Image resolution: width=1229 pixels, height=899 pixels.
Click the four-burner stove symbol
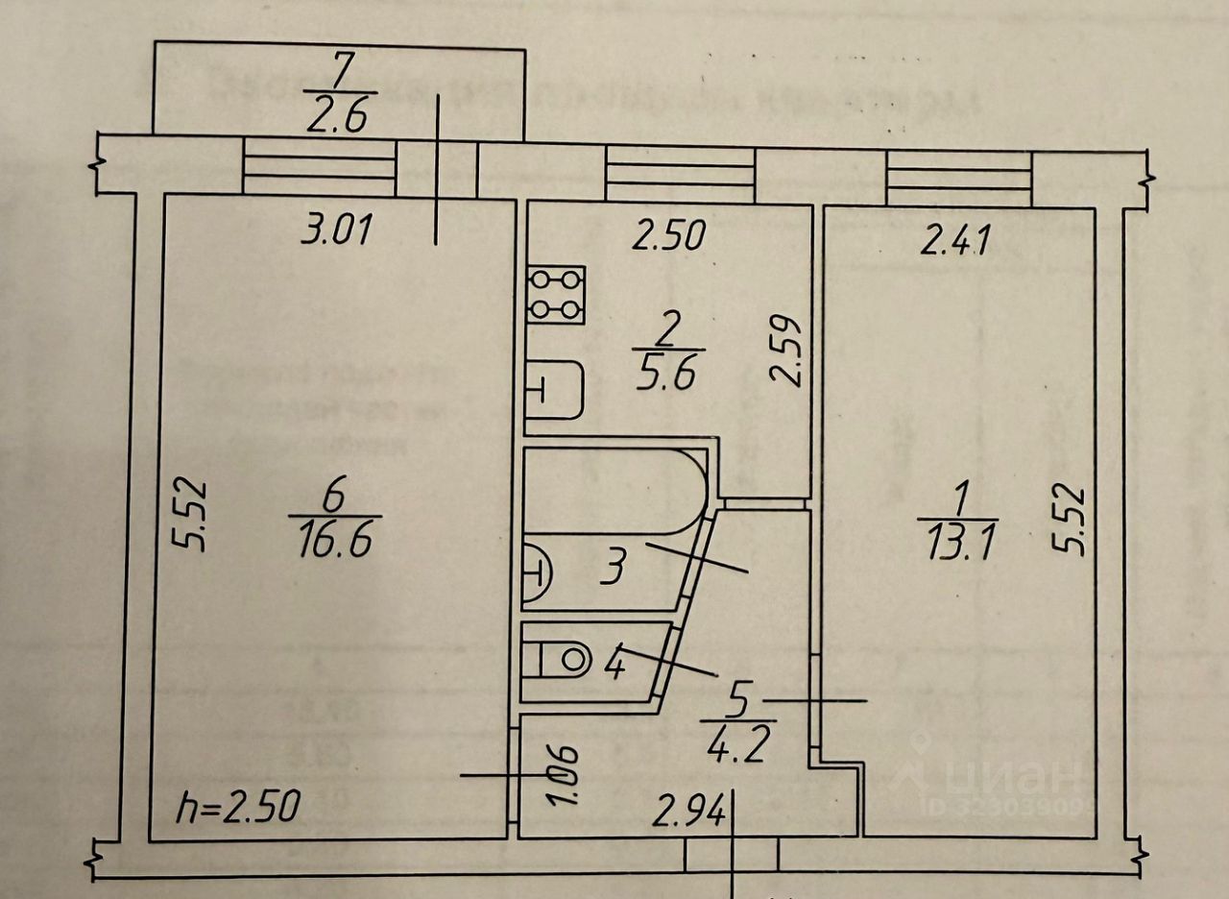tap(556, 295)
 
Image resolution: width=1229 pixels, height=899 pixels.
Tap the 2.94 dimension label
tap(687, 814)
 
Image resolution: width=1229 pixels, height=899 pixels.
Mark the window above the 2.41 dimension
tap(959, 178)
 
